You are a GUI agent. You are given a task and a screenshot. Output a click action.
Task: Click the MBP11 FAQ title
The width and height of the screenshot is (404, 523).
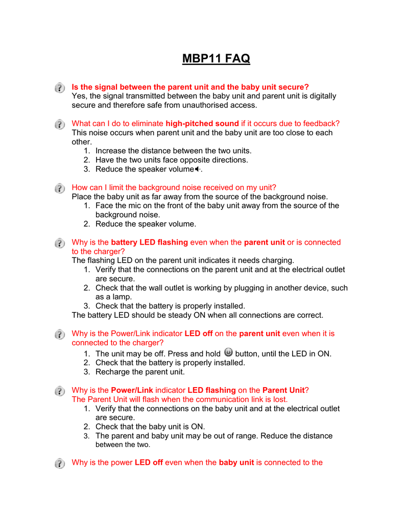216,59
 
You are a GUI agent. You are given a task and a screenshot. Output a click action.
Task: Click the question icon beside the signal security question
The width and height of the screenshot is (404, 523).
60,88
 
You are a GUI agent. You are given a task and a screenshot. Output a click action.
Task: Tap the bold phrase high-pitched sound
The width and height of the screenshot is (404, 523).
202,123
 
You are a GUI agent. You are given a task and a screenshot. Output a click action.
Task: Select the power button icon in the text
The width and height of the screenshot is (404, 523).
228,352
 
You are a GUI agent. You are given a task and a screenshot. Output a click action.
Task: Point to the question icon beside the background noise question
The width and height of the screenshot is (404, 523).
60,188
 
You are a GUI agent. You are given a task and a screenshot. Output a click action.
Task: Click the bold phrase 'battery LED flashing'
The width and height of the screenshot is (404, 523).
149,242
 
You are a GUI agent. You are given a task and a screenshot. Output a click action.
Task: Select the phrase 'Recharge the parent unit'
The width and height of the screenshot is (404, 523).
140,372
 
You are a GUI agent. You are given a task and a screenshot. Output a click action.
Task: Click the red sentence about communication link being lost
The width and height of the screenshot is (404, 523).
180,399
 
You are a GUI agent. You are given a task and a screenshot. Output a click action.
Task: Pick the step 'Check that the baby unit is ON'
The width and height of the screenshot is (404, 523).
150,426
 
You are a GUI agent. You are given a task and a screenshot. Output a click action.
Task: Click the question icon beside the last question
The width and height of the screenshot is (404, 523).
60,463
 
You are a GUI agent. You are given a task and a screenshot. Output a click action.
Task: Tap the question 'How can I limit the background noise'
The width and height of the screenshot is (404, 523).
174,187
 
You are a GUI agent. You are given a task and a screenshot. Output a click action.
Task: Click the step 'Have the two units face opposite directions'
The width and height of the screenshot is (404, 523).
172,160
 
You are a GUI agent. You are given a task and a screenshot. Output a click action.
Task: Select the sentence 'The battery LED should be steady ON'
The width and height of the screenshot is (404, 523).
197,315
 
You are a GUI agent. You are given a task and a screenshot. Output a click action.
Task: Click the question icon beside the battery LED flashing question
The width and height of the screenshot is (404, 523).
60,243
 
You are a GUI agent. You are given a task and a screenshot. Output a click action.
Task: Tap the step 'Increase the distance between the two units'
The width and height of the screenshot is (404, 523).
173,151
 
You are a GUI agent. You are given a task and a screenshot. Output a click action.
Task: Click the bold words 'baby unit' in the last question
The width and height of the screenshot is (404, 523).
236,462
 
